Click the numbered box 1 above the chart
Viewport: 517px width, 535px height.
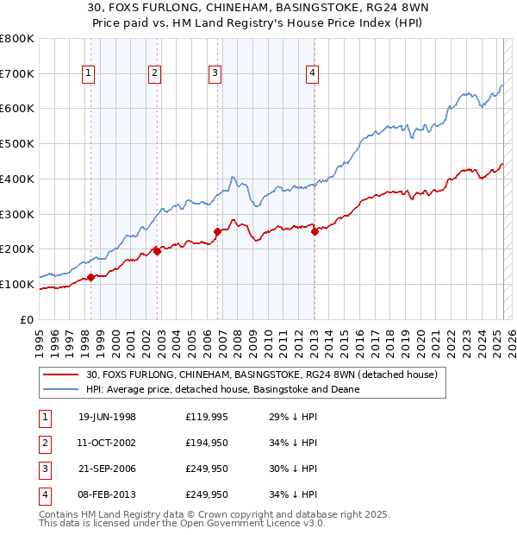[90, 73]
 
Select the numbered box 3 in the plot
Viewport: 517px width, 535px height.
[215, 73]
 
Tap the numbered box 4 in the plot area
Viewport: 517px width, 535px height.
[312, 73]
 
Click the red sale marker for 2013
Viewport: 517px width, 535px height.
[315, 230]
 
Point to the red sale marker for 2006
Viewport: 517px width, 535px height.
[218, 231]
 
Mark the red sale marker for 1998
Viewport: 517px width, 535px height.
[91, 277]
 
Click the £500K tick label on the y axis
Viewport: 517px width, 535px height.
[17, 143]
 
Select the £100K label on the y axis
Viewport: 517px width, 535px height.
[17, 284]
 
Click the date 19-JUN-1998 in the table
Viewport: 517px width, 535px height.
[107, 417]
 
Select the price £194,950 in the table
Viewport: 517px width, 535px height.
[207, 443]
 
